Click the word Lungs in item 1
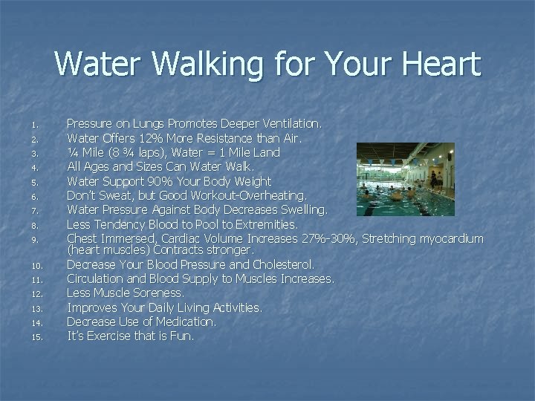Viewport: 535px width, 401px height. tap(155, 123)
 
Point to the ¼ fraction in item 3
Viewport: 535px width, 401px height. tap(72, 152)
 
